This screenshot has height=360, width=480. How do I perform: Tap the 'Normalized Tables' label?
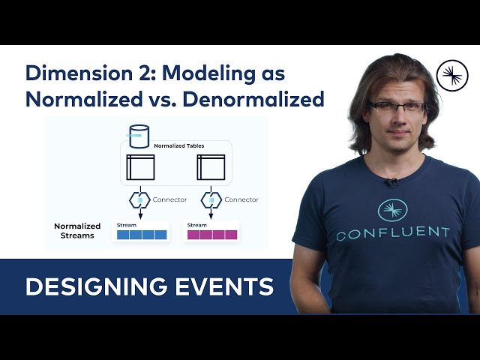point(178,145)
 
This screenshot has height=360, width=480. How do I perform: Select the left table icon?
point(140,166)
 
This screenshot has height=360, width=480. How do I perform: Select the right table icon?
point(211,166)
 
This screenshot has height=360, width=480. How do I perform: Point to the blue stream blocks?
point(141,235)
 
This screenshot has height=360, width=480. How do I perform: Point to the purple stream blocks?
point(211,235)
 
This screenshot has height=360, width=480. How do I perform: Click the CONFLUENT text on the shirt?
point(392,234)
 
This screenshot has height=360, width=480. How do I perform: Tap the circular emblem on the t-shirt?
point(392,210)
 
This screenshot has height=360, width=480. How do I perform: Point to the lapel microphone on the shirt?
point(390,181)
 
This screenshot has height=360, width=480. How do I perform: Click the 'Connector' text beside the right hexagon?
point(241,199)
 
